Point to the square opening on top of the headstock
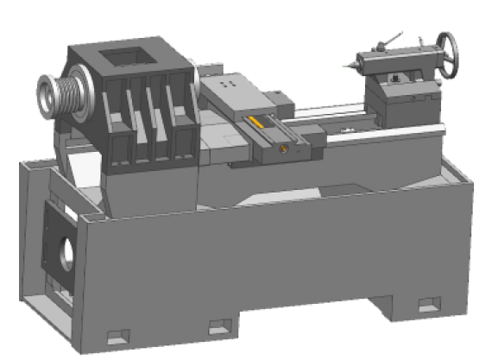pos(128,59)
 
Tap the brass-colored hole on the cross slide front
pos(281,149)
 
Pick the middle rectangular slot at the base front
pos(222,326)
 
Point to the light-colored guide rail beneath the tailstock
pos(406,129)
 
